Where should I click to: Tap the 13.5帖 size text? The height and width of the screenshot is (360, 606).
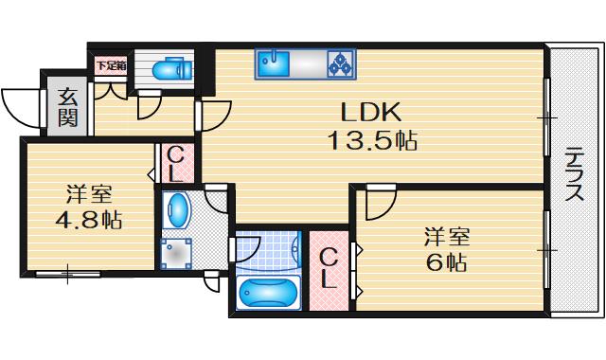(372, 142)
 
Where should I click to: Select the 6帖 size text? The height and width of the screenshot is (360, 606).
(447, 261)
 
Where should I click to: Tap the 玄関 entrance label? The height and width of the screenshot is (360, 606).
(68, 105)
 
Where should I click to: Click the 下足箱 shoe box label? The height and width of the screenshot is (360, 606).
(110, 65)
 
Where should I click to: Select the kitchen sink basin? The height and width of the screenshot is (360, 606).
(274, 64)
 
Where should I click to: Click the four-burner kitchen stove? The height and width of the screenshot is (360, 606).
(340, 64)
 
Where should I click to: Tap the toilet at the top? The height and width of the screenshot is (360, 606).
(170, 69)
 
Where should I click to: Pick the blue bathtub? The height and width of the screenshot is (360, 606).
(269, 293)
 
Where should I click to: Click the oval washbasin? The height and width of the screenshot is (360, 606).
(177, 208)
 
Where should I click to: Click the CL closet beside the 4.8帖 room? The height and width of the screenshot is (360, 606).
(177, 162)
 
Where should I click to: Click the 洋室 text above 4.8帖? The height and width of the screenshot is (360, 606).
(89, 196)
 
